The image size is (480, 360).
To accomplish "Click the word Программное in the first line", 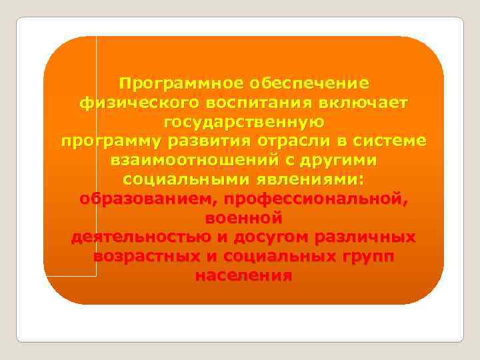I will (x=182, y=84).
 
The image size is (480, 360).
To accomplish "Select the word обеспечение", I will (x=309, y=84).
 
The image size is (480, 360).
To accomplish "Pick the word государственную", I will (x=243, y=123).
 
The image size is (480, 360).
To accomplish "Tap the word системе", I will (x=391, y=142).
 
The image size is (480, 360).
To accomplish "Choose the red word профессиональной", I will (x=316, y=199).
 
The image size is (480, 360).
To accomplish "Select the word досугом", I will (x=273, y=237).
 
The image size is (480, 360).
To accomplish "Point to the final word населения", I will (x=244, y=276).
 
